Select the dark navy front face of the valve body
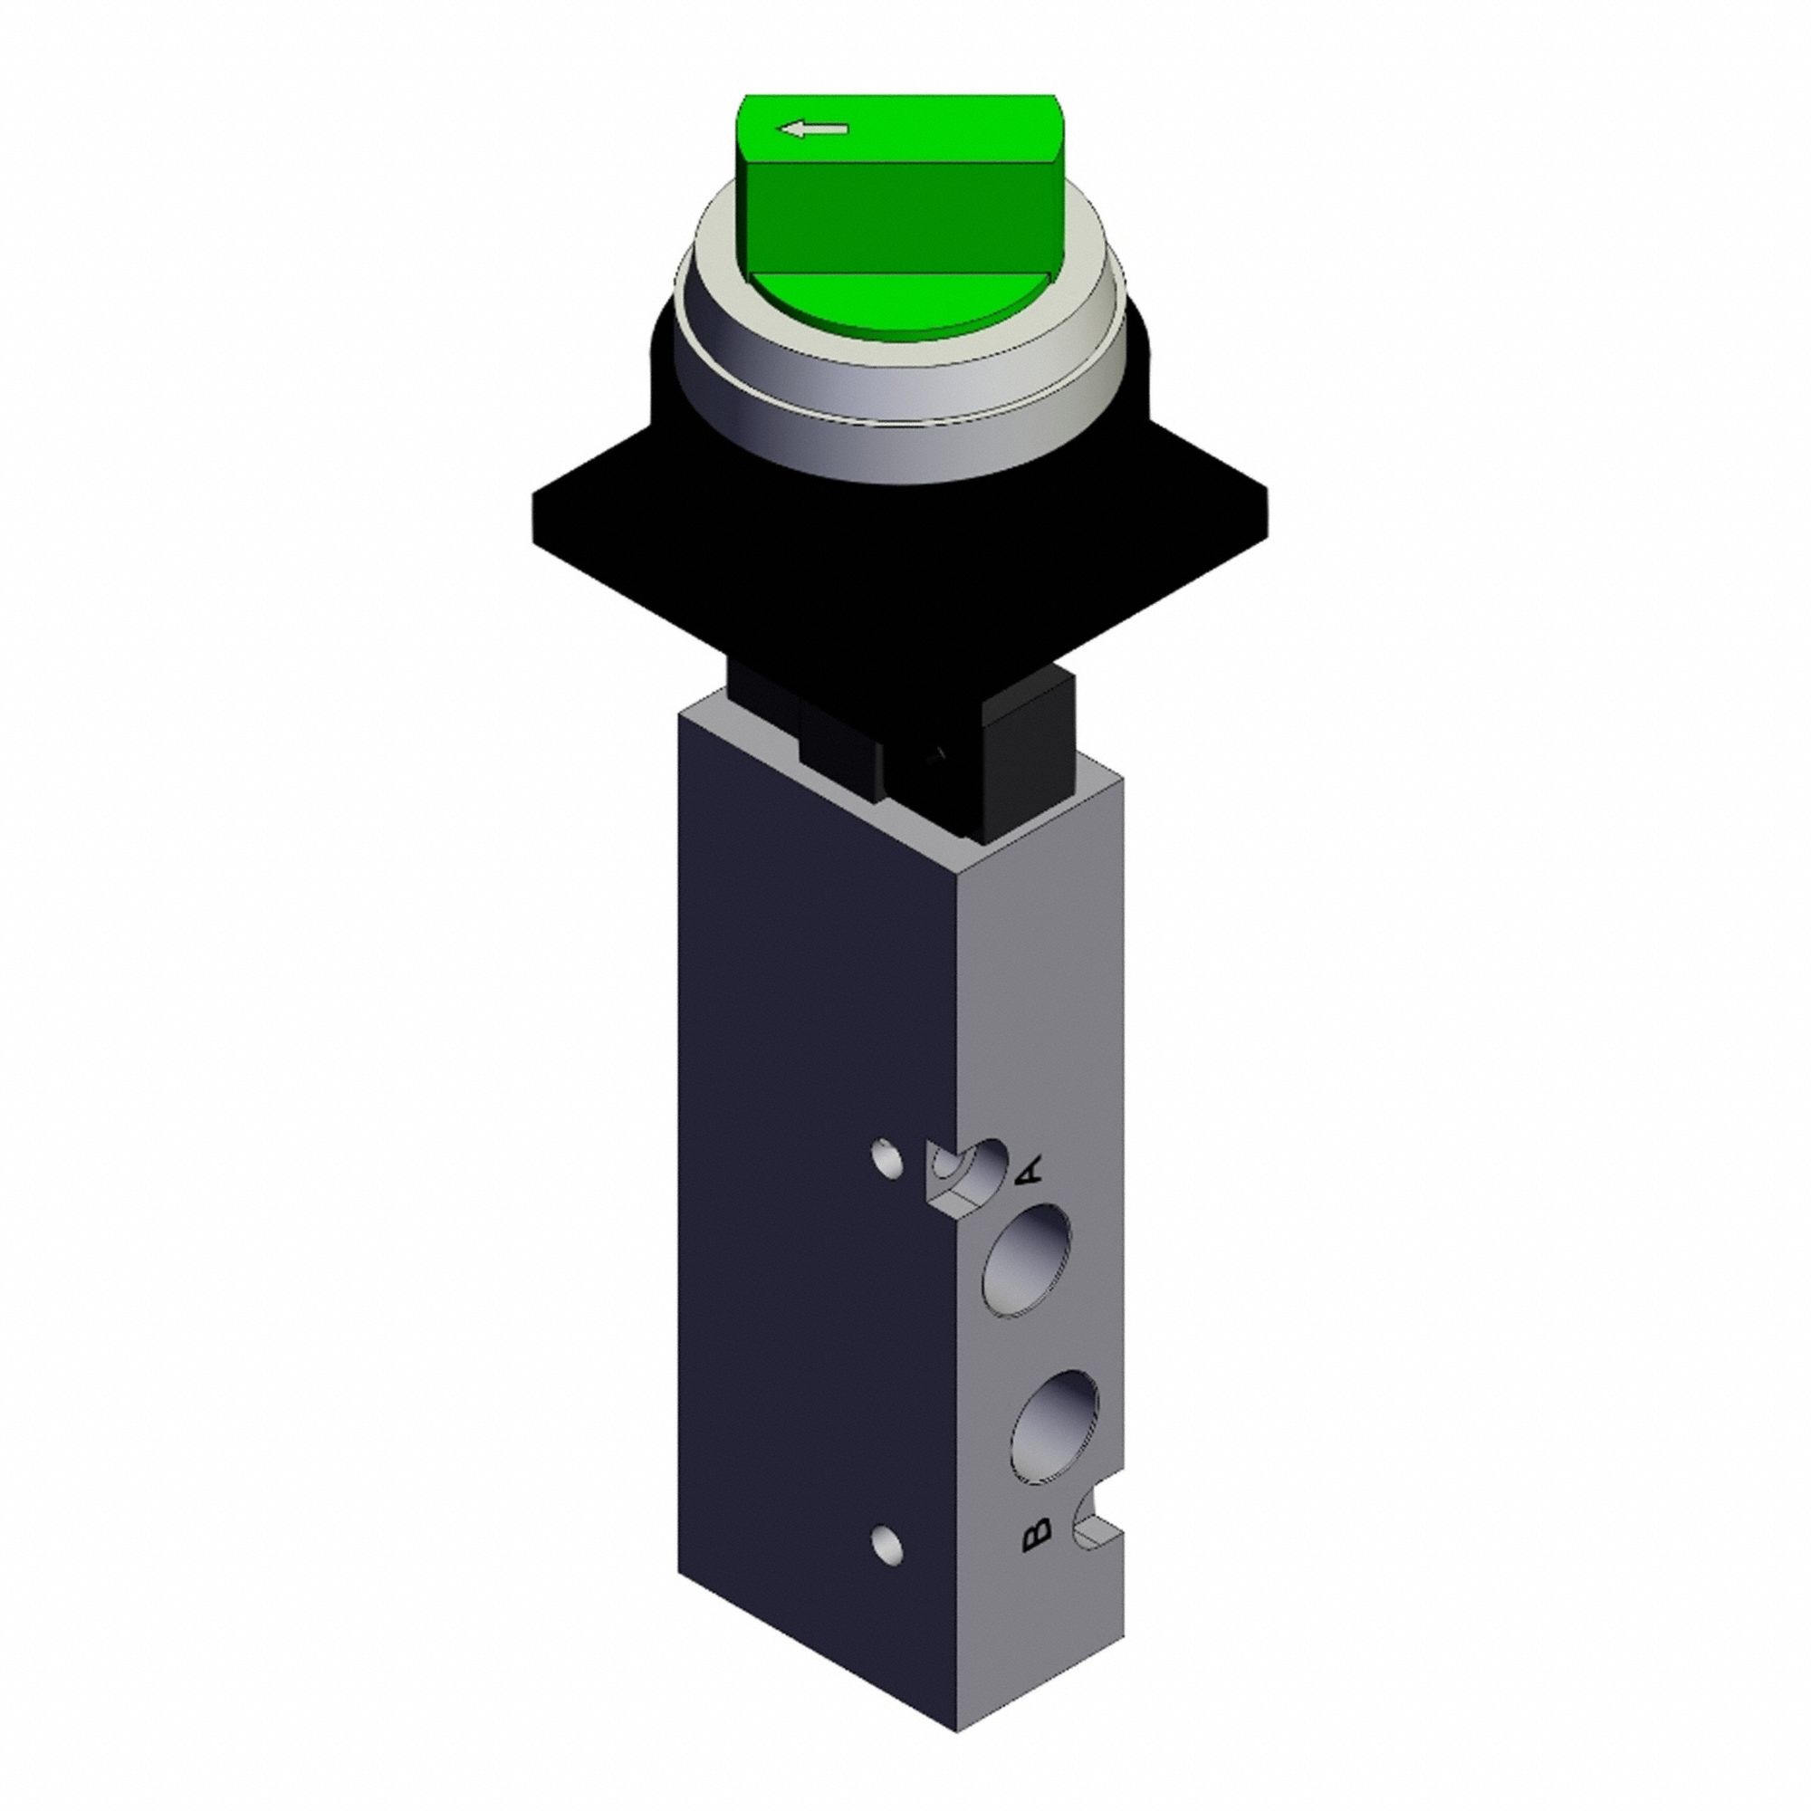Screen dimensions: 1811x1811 coord(806,1125)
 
